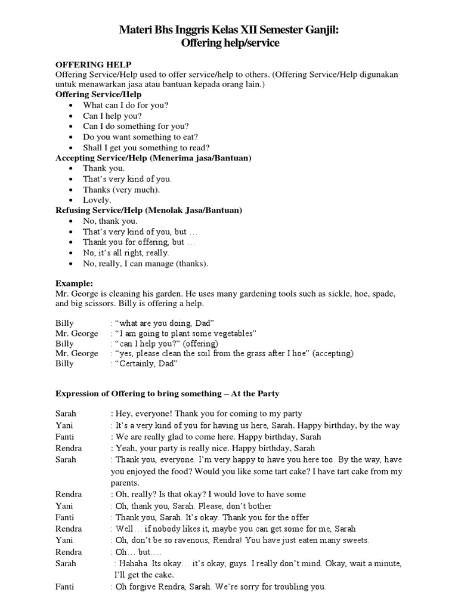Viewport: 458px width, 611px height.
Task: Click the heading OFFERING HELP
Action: point(94,64)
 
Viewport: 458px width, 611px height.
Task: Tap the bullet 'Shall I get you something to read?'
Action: point(146,147)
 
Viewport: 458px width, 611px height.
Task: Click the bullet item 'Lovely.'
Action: point(97,200)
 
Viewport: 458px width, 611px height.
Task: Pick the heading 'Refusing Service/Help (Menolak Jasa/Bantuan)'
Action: point(148,210)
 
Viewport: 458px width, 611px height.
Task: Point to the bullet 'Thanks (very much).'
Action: point(121,189)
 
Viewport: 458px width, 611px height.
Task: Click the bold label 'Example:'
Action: point(74,283)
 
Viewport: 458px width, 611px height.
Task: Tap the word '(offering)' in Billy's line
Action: point(201,343)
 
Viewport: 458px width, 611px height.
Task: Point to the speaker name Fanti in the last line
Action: point(64,587)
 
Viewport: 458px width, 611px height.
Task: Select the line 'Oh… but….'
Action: point(137,552)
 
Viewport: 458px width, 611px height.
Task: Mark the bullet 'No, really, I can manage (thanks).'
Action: point(146,263)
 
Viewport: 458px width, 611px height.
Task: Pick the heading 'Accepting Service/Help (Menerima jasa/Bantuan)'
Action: point(153,158)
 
